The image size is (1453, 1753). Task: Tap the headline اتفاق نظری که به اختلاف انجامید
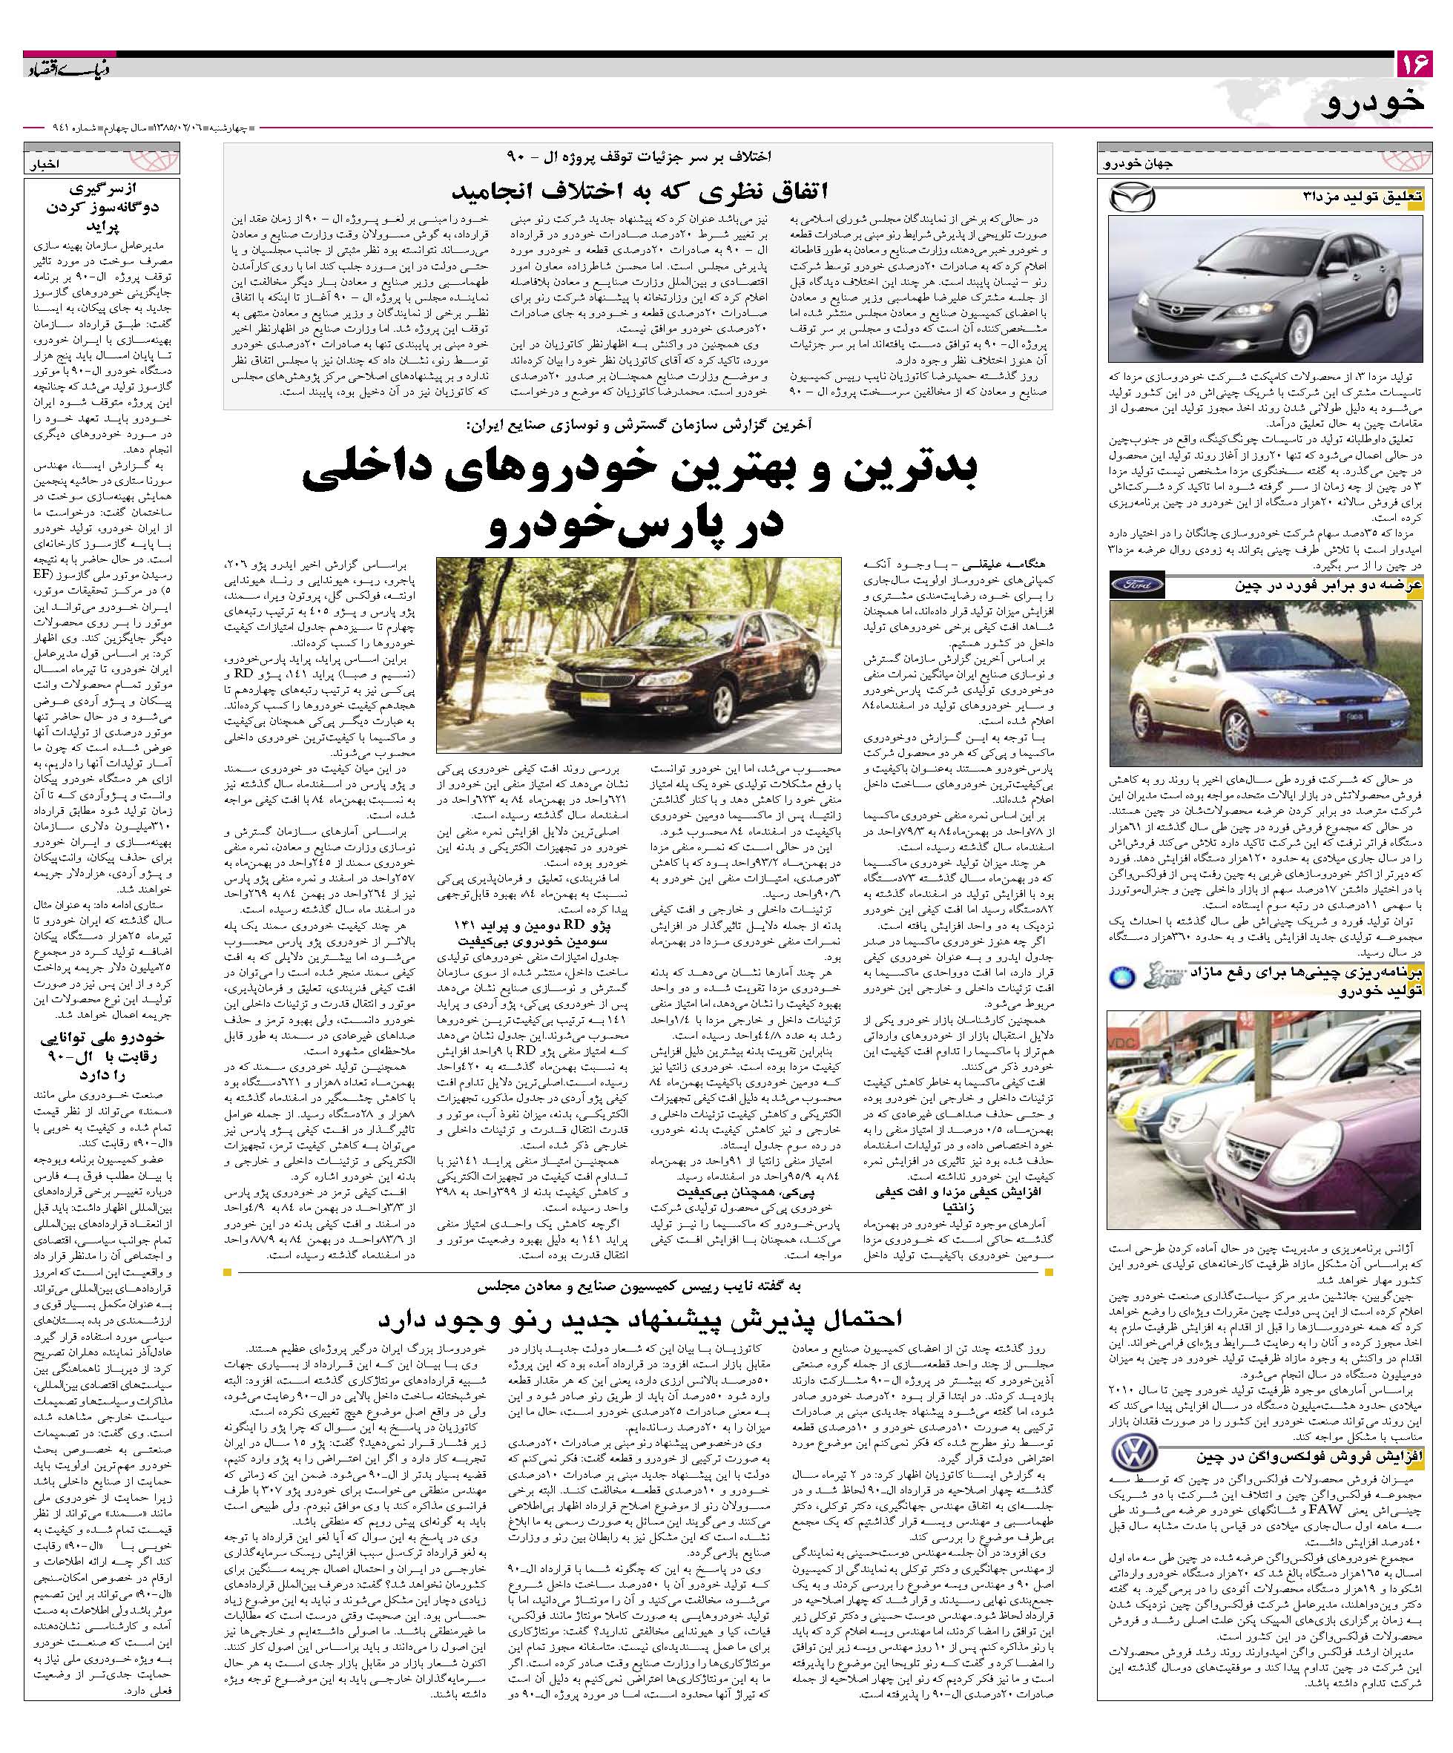[x=639, y=191]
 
